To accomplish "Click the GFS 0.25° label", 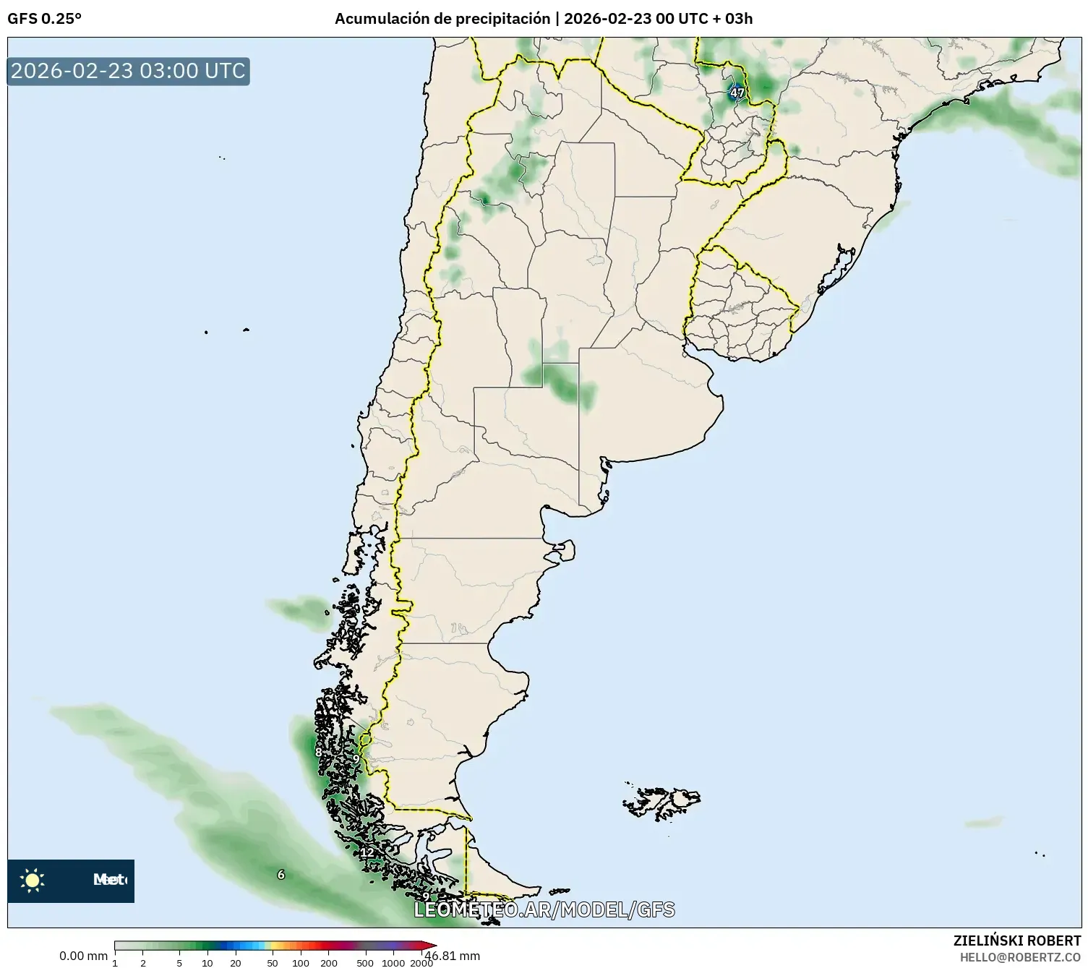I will pyautogui.click(x=44, y=19).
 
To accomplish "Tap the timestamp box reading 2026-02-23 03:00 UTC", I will pyautogui.click(x=129, y=71).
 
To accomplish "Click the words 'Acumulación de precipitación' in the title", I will pyautogui.click(x=442, y=19).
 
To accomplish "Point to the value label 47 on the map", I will pyautogui.click(x=737, y=93).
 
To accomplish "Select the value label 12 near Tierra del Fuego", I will pyautogui.click(x=367, y=852).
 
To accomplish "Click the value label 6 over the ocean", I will pyautogui.click(x=281, y=875).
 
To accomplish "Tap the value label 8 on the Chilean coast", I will pyautogui.click(x=318, y=753).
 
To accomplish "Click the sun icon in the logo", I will pyautogui.click(x=32, y=880).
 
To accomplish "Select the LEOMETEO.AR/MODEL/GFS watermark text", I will pyautogui.click(x=544, y=909).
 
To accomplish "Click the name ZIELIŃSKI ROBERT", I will pyautogui.click(x=1016, y=941).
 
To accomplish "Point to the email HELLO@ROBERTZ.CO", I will pyautogui.click(x=1020, y=957).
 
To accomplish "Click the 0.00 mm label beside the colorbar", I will pyautogui.click(x=83, y=956).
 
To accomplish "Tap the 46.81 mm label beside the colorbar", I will pyautogui.click(x=453, y=956).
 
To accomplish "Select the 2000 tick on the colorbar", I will pyautogui.click(x=421, y=963).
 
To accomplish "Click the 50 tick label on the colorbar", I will pyautogui.click(x=273, y=963).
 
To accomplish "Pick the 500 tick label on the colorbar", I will pyautogui.click(x=365, y=963).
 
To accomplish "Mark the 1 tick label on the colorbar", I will pyautogui.click(x=115, y=963).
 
